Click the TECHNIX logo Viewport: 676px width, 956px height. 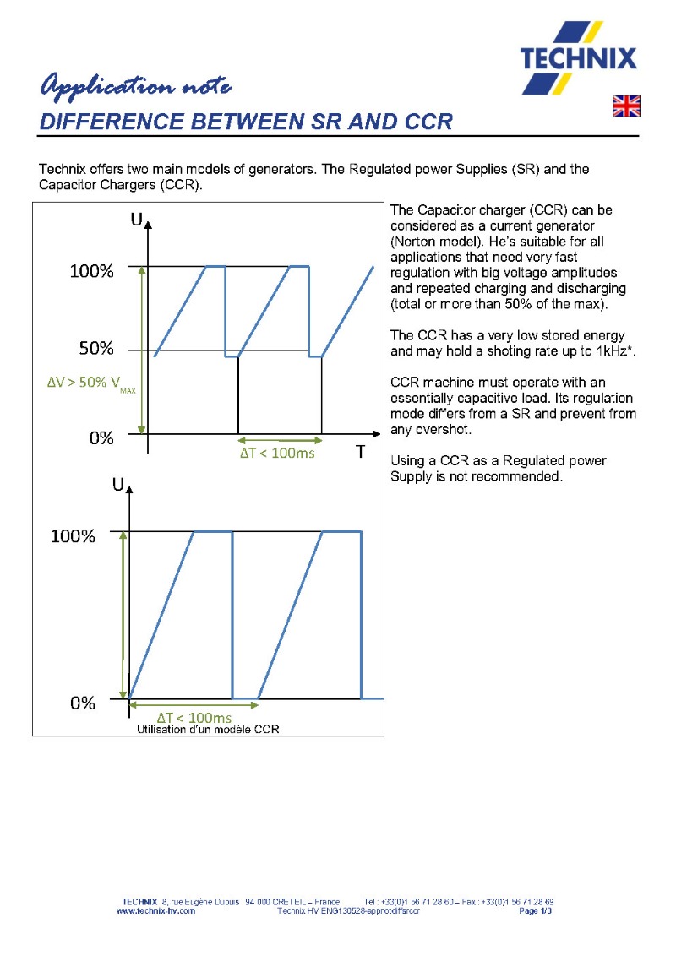[579, 58]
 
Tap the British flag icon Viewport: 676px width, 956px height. [626, 106]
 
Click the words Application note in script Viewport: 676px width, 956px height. [135, 86]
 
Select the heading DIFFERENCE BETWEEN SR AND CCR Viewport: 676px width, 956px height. [246, 121]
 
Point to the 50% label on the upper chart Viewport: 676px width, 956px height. [90, 348]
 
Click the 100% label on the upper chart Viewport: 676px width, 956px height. [90, 271]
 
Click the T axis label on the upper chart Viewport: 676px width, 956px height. [359, 453]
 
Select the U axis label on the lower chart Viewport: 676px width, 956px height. [118, 486]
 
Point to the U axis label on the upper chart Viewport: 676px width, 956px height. [136, 220]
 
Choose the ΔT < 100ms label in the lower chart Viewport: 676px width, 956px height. [194, 718]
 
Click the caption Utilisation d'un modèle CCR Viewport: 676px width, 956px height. [208, 729]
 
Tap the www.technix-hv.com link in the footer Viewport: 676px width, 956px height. [155, 911]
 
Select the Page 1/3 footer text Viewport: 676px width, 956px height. [536, 911]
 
